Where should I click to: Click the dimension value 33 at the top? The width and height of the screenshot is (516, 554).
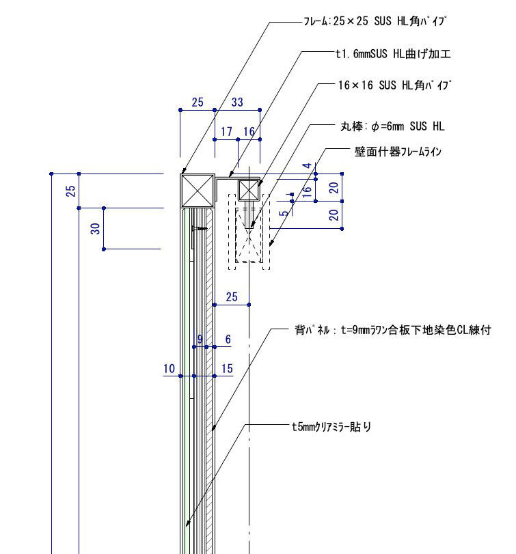point(237,102)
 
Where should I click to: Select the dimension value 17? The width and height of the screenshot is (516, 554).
point(226,131)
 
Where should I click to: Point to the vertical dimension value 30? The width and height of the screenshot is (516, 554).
point(96,229)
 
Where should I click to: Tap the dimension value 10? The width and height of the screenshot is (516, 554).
point(169,368)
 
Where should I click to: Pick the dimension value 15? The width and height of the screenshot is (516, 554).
point(227,368)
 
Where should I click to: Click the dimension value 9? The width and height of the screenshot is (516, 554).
point(200,340)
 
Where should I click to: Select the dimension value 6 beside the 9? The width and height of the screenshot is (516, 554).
point(228,340)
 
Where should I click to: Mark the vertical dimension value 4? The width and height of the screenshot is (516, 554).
point(307,165)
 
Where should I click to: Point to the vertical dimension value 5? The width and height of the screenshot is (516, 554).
point(284,213)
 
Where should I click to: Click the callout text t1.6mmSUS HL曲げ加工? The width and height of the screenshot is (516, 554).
point(393,54)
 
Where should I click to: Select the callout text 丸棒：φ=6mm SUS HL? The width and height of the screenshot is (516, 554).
point(392,126)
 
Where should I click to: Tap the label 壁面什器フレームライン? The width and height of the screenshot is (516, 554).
point(398,152)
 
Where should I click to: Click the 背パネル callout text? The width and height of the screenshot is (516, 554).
point(393,330)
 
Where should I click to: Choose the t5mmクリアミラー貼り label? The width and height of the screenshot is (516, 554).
point(331,427)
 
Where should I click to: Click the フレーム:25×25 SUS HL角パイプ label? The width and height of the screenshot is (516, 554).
point(375,21)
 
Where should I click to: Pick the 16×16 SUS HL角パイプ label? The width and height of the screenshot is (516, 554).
point(395,85)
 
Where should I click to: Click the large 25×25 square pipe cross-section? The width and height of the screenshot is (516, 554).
point(198,191)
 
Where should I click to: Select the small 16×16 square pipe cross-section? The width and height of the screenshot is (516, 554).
point(249,191)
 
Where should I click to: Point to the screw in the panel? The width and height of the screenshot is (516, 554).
point(200,229)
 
